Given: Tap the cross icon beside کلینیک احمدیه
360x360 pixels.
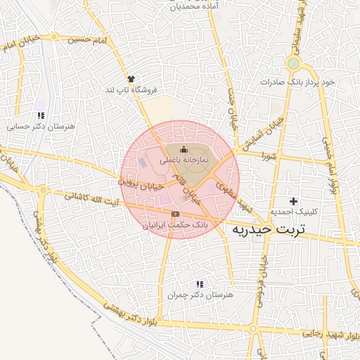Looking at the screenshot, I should click(x=293, y=201).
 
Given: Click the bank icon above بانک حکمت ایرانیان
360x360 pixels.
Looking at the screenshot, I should click(x=175, y=214).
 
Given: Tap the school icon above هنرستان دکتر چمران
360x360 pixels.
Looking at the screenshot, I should click(x=200, y=284).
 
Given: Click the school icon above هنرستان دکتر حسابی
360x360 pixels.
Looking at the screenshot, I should click(x=41, y=115).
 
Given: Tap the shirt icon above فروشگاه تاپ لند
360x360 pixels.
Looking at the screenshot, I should click(x=130, y=79).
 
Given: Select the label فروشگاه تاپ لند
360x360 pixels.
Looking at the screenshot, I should click(x=131, y=90).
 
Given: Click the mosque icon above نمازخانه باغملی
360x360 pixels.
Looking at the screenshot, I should click(x=184, y=148).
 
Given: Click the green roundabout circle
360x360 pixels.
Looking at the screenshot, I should click(x=292, y=64).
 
